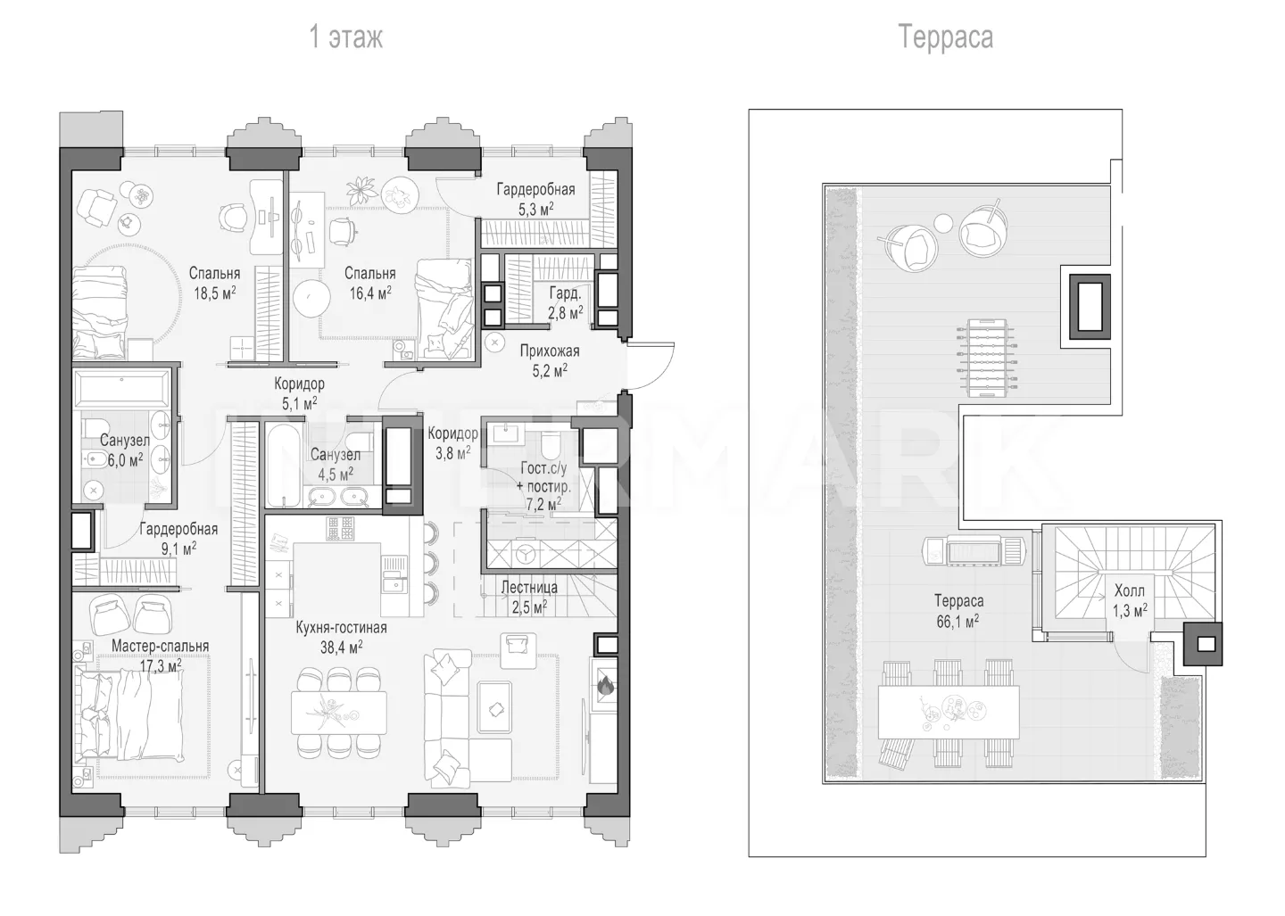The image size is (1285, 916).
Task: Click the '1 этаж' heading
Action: pos(346,37)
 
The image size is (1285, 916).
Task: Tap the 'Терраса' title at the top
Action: pos(945,37)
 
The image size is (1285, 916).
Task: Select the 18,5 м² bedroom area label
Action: pos(215,293)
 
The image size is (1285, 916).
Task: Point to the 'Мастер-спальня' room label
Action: pos(160,646)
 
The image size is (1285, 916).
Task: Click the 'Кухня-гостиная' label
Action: pos(341,627)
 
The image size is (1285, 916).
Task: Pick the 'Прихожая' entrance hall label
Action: pos(550,351)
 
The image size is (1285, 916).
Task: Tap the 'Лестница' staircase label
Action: pos(529,587)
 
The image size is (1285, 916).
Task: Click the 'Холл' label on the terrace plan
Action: pos(1130,590)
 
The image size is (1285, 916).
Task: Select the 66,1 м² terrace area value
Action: pos(958,621)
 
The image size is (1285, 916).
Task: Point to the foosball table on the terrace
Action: pos(985,359)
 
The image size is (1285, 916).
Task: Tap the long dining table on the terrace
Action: pos(949,713)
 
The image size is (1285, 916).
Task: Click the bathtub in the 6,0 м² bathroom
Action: pos(121,389)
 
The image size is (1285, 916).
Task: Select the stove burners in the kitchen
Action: pos(341,528)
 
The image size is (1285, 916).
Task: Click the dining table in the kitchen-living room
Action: pos(338,713)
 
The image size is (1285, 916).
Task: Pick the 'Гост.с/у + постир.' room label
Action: pos(543,477)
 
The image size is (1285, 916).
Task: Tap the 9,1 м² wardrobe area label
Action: pos(178,549)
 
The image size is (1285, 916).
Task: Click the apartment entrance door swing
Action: pos(651,367)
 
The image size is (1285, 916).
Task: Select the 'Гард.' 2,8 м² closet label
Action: pos(566,302)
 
